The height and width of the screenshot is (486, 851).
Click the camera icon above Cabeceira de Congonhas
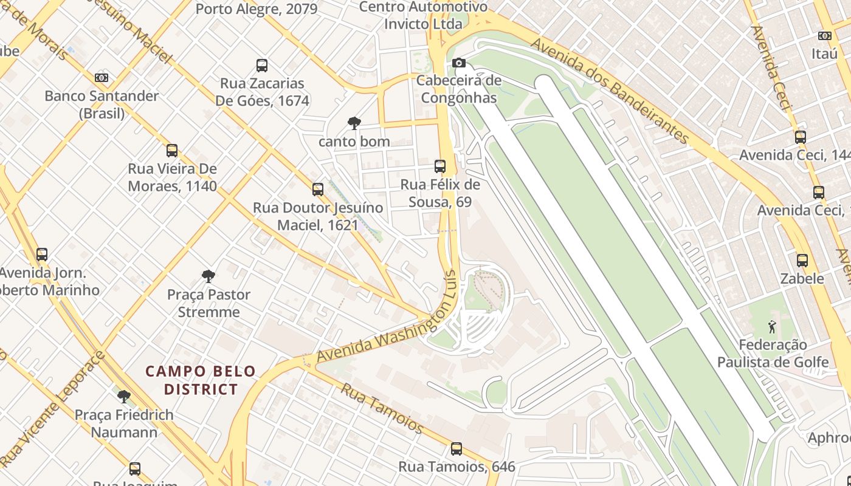coord(459,63)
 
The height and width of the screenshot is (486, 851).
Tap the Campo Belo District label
coord(201,380)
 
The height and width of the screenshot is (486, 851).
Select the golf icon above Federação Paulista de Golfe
coord(772,327)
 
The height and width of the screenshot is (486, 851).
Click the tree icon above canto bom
coord(354,124)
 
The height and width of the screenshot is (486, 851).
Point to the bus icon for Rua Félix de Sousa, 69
coord(440,166)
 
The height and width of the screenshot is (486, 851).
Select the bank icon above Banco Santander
coord(102,78)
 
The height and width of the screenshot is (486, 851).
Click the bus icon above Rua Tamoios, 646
coord(457,449)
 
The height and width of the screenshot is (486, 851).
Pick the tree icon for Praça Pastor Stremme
coord(208,277)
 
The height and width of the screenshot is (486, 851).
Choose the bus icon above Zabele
coord(802,261)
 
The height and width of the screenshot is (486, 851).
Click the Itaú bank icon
coord(825,36)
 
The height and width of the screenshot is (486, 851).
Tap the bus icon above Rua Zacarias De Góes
coord(262,66)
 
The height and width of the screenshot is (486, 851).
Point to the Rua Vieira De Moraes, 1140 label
coord(172,177)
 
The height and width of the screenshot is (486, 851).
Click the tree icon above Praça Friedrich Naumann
coord(124,397)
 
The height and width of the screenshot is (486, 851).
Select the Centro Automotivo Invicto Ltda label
coord(423,16)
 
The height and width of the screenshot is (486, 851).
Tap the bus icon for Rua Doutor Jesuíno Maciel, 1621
coord(318,190)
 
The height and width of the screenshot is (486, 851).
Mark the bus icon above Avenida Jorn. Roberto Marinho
coord(42,255)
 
